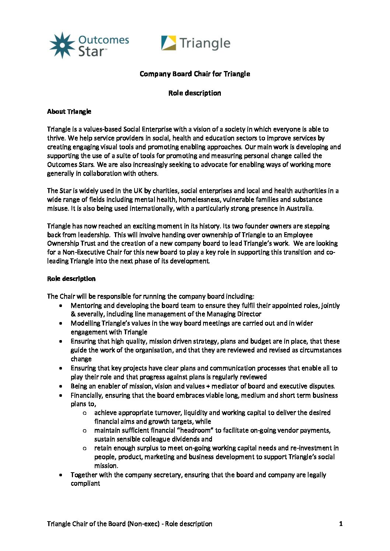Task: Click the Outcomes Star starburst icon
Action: pyautogui.click(x=62, y=45)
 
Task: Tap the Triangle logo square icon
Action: pyautogui.click(x=168, y=43)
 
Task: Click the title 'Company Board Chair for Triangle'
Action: pyautogui.click(x=195, y=74)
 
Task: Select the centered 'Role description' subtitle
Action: pyautogui.click(x=195, y=93)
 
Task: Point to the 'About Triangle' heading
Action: pyautogui.click(x=69, y=112)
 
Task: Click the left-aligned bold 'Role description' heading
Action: pyautogui.click(x=71, y=279)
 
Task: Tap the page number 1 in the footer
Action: pyautogui.click(x=341, y=524)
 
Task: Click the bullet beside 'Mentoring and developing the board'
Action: pyautogui.click(x=60, y=305)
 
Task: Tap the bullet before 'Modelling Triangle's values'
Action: pyautogui.click(x=60, y=323)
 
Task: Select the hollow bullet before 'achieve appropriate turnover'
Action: pyautogui.click(x=84, y=413)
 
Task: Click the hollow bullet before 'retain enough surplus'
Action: pyautogui.click(x=84, y=448)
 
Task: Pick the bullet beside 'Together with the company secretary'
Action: pyautogui.click(x=60, y=475)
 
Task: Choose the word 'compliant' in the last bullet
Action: pyautogui.click(x=85, y=484)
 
